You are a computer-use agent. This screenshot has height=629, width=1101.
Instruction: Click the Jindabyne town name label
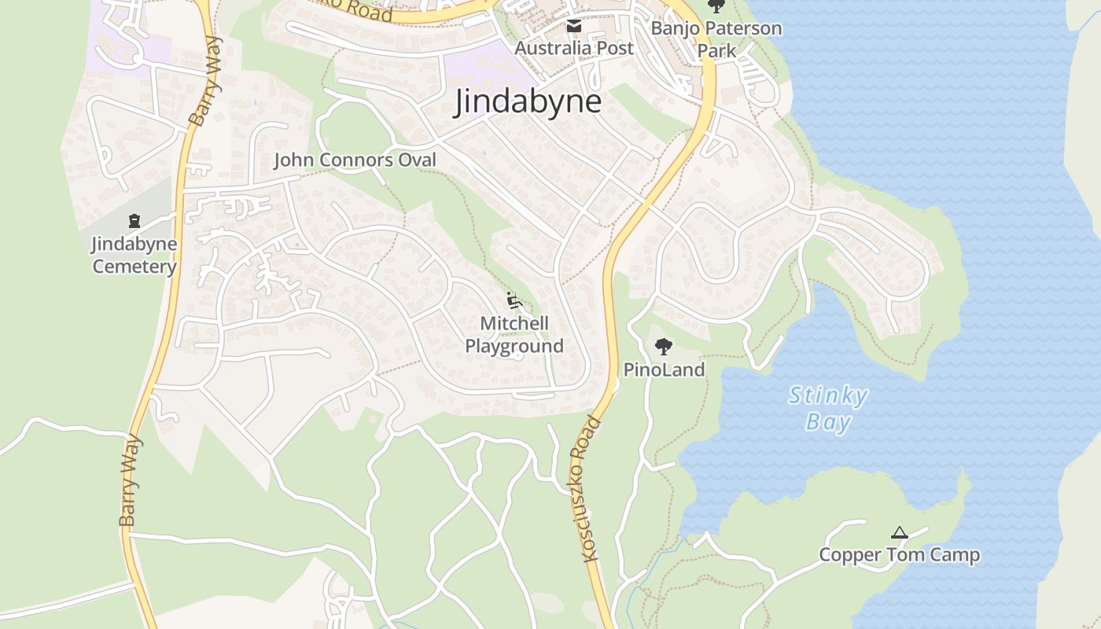(x=527, y=102)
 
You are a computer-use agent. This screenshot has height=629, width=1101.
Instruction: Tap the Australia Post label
(x=574, y=48)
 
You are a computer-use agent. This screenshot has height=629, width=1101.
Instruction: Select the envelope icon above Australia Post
(x=574, y=26)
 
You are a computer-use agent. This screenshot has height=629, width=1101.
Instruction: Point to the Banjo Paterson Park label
(x=716, y=39)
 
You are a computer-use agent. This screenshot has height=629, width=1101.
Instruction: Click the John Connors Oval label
(x=354, y=160)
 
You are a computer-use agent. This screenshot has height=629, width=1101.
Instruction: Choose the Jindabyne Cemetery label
(x=134, y=255)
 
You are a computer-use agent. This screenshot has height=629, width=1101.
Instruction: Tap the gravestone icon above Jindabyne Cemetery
(x=134, y=221)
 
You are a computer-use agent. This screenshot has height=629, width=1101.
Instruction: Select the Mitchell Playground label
(x=514, y=334)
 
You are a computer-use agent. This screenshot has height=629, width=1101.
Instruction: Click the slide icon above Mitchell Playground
(x=514, y=300)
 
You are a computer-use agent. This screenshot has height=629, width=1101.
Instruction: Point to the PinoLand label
(x=664, y=370)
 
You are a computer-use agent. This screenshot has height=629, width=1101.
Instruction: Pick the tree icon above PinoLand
(x=664, y=346)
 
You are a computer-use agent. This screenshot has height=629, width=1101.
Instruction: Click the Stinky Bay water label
(x=828, y=408)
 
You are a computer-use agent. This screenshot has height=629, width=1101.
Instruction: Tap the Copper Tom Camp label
(x=900, y=555)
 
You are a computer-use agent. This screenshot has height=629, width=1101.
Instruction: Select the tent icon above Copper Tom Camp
(x=900, y=533)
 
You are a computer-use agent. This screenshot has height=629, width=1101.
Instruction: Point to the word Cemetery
(x=134, y=267)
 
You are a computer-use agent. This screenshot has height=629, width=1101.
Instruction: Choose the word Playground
(x=514, y=346)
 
